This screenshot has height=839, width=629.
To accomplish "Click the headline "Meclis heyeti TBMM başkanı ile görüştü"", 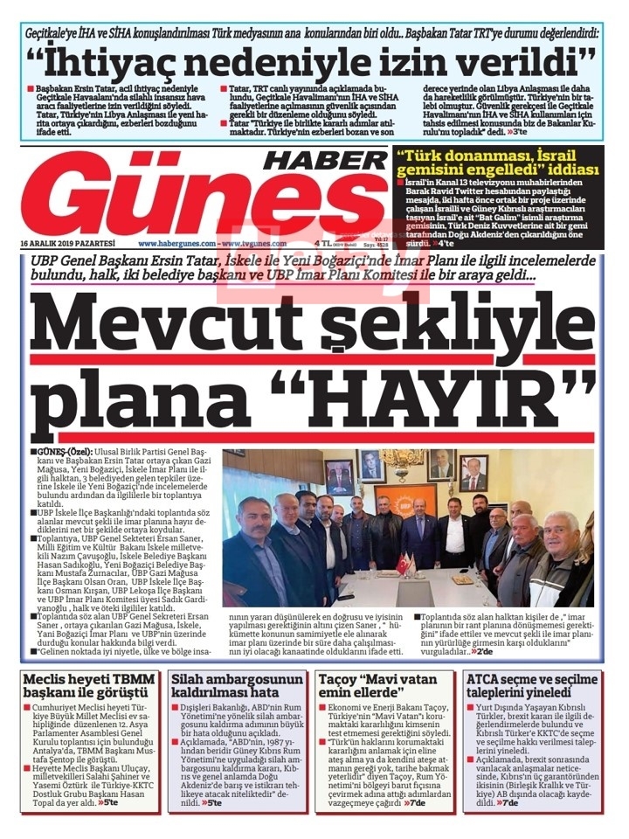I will point(87,686).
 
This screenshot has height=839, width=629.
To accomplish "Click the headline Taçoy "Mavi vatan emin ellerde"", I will point(384,686).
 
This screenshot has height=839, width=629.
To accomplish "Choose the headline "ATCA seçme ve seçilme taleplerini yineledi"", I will point(536,686).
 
